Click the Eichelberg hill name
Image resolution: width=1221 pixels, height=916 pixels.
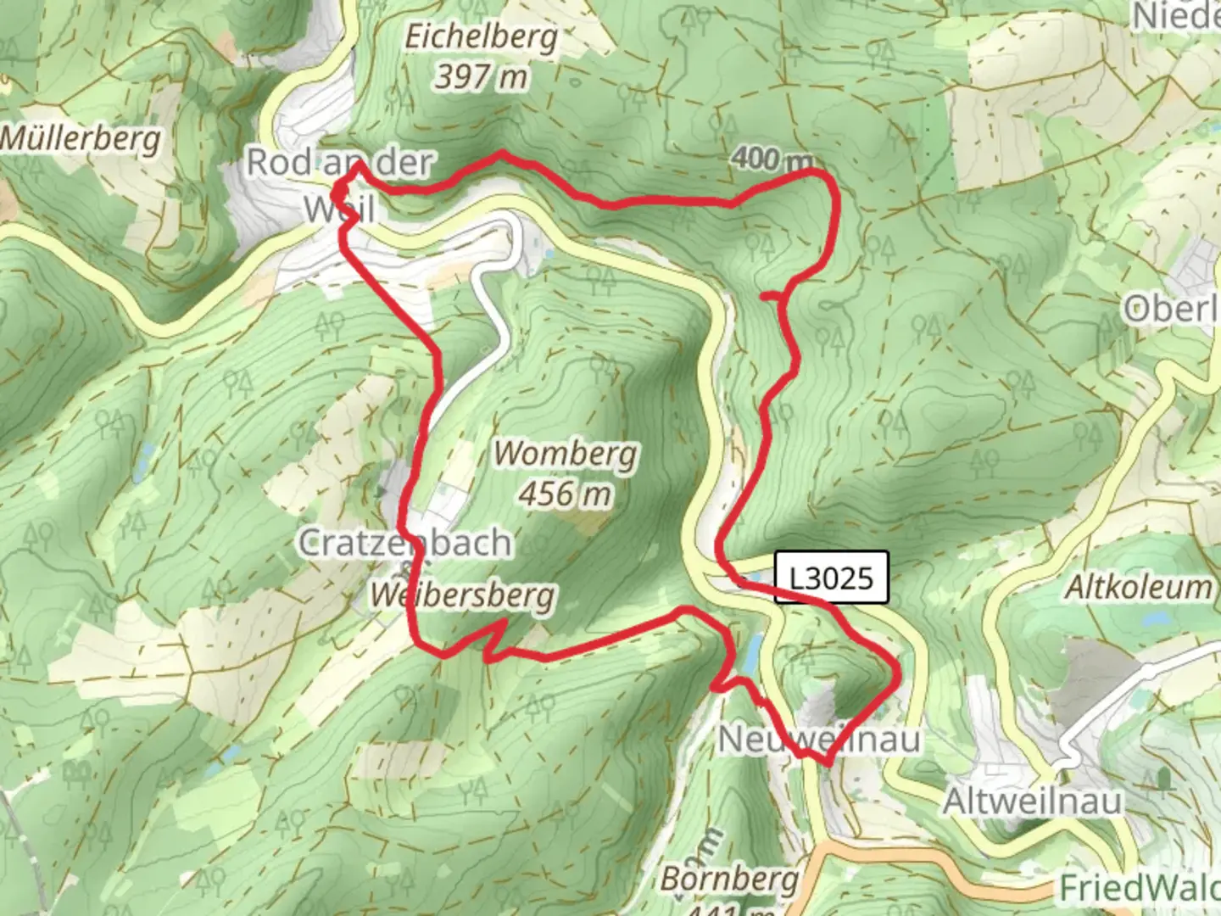point(482,37)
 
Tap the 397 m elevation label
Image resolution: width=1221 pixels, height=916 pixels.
point(482,78)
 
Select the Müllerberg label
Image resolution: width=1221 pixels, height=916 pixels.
point(81,137)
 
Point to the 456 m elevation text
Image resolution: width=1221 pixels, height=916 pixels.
point(566,493)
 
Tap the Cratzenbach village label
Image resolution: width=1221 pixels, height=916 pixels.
point(405,543)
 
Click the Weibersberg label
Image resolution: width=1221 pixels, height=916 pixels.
point(463,595)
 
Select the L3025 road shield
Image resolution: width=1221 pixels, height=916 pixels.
point(831,578)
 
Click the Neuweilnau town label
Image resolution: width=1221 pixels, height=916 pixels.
point(819,740)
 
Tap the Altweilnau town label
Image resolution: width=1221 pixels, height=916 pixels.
point(1033,801)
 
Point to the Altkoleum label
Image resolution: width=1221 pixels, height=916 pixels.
point(1138,587)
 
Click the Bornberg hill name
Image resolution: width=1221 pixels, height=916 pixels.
point(730,879)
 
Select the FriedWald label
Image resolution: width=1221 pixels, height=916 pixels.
point(1140,888)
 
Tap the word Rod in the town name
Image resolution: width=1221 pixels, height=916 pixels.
point(277,162)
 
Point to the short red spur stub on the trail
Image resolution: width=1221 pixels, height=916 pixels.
point(770,295)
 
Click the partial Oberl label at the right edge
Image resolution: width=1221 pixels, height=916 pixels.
point(1172,309)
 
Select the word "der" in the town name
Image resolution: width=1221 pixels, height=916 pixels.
point(404,163)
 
